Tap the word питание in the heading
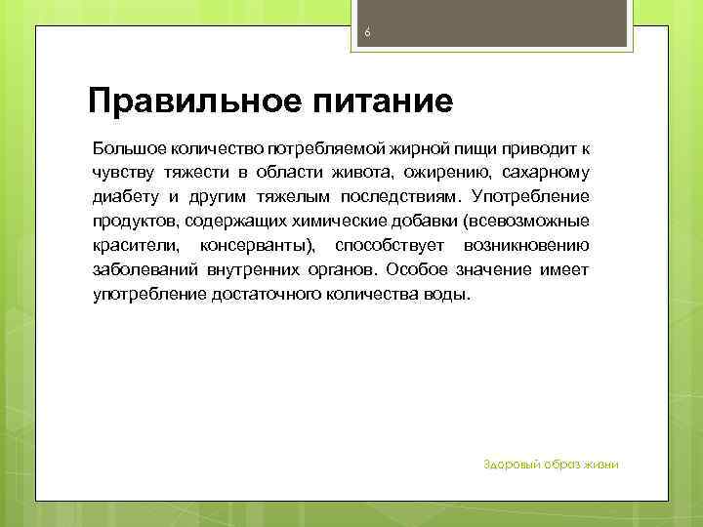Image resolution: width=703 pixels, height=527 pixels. (377, 101)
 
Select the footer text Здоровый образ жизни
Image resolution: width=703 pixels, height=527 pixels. (552, 464)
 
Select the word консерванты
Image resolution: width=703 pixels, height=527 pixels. (258, 244)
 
